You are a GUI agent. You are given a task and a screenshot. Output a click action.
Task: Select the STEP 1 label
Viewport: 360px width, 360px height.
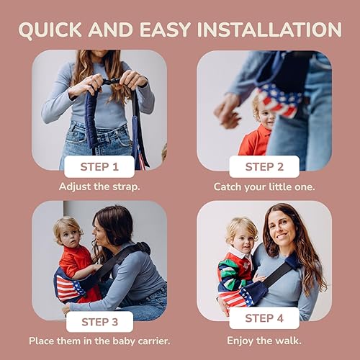click(x=99, y=168)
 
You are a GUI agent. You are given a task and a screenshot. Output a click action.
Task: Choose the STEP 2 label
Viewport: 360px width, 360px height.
click(x=264, y=168)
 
